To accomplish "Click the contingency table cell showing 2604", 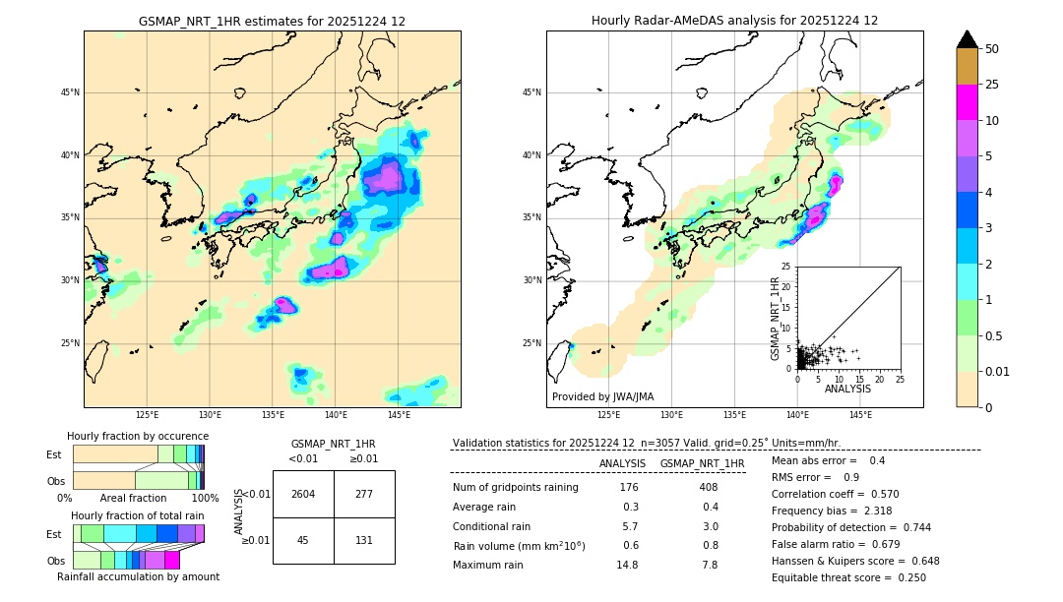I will click(303, 494).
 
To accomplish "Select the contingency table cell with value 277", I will click(364, 494).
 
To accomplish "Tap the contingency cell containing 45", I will click(303, 540).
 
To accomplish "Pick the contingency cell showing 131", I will click(364, 540).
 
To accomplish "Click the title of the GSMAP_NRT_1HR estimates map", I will click(272, 21).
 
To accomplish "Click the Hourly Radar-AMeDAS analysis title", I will click(734, 21).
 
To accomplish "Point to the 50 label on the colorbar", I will click(992, 49).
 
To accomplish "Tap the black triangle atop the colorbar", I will click(968, 39).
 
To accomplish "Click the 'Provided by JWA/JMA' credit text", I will click(602, 396).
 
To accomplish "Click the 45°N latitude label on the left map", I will click(70, 92).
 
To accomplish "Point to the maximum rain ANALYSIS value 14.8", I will click(627, 565).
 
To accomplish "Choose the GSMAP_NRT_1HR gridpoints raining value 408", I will click(708, 487).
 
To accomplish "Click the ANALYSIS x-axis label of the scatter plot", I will click(847, 389).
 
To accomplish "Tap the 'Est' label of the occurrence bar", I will click(54, 454).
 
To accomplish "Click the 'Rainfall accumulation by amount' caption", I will click(138, 576).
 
